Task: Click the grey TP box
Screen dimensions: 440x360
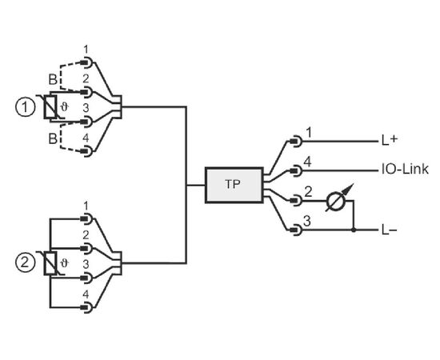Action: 234,185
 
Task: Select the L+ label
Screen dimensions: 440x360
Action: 390,140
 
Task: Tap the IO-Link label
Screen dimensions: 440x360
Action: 405,169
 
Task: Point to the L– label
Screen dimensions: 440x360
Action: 389,230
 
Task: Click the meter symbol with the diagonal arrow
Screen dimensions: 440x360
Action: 337,201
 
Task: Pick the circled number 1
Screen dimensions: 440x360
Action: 26,107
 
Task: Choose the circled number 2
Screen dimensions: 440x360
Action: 26,263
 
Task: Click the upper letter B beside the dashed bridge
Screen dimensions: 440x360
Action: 53,79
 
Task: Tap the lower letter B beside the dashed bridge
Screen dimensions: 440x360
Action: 53,138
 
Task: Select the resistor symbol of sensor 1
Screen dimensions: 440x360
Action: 50,107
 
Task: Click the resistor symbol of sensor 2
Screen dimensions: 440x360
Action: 50,263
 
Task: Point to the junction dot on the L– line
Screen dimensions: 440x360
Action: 354,230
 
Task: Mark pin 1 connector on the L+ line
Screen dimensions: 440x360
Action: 296,141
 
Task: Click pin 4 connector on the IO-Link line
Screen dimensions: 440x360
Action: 296,170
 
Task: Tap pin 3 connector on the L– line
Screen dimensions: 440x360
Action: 296,230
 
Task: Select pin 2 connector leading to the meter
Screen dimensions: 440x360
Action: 296,200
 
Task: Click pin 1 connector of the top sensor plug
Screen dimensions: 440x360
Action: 86,62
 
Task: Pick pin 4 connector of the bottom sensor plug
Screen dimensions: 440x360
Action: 86,307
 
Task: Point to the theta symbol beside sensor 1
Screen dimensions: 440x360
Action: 65,107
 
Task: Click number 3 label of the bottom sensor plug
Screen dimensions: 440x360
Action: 86,264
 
